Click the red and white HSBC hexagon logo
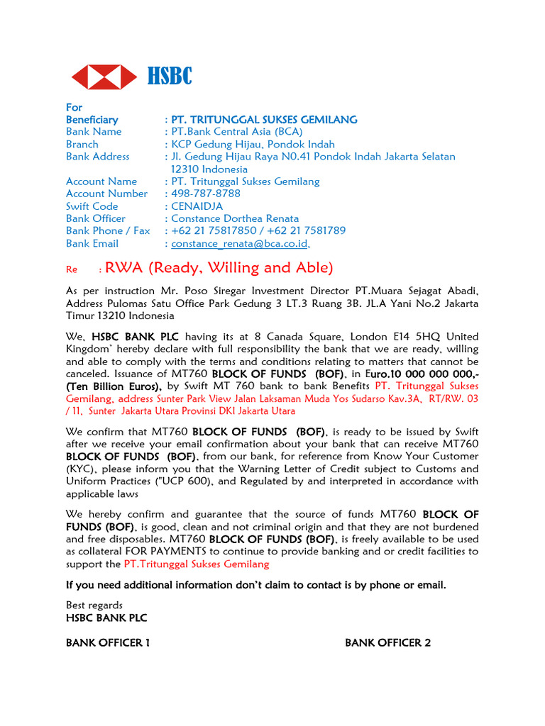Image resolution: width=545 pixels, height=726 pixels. point(104,76)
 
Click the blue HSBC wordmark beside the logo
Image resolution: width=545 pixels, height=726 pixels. point(170,76)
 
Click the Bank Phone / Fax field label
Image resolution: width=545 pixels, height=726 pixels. point(108,230)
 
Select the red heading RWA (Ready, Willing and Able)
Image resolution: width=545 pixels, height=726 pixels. point(219,267)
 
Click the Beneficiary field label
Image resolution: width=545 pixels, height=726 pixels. point(92,120)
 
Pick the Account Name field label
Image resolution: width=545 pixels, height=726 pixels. point(101,181)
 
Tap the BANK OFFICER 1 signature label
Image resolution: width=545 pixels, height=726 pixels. point(108,643)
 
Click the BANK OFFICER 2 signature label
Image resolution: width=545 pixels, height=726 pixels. point(387,643)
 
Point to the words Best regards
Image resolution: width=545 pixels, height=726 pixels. point(94,605)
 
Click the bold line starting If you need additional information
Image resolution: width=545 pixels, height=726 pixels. point(256,585)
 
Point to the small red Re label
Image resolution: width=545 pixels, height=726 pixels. point(71,270)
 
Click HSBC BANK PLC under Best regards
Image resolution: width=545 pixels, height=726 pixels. point(106,618)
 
